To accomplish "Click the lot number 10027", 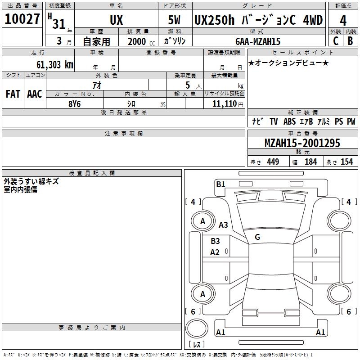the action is click(x=22, y=20).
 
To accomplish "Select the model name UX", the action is click(x=116, y=21).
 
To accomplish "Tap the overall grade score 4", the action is click(x=343, y=21).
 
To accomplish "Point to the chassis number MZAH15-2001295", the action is click(x=302, y=144).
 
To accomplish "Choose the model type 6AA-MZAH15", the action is click(x=258, y=41).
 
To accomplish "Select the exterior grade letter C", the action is click(x=335, y=41).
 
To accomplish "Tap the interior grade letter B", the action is click(x=350, y=41).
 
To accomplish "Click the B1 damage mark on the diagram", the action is click(x=220, y=184).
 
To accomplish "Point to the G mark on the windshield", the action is click(x=257, y=237).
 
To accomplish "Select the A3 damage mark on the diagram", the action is click(x=223, y=225).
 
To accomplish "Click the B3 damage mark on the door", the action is click(x=215, y=241).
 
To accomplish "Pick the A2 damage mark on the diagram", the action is click(x=215, y=252).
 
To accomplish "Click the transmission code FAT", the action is click(x=13, y=94).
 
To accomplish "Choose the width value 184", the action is click(x=311, y=162).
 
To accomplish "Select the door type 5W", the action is click(x=175, y=21).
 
